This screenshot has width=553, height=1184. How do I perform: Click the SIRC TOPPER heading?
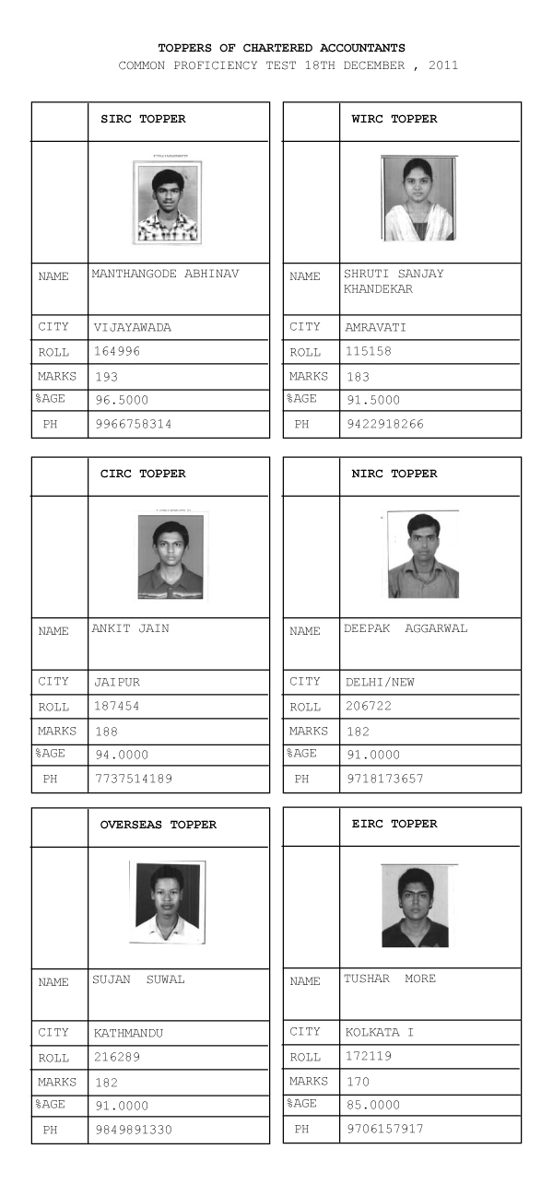[x=143, y=119]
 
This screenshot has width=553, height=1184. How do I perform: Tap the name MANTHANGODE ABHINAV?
[x=165, y=274]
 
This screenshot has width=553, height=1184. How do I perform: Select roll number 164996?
[x=117, y=351]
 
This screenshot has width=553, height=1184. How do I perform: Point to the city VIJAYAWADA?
[x=133, y=327]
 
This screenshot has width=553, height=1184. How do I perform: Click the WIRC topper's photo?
[x=418, y=198]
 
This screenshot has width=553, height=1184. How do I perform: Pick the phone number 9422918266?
[x=384, y=425]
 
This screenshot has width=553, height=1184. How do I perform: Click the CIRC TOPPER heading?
[x=143, y=474]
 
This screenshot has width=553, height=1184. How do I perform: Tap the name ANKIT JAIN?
[x=130, y=628]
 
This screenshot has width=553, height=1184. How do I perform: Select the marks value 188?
[x=106, y=732]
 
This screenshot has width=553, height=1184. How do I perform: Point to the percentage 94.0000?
[x=121, y=755]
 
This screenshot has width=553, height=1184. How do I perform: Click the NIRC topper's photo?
[x=423, y=555]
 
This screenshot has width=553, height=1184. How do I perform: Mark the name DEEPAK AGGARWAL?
[x=406, y=628]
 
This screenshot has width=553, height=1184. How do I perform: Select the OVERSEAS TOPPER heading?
[x=159, y=825]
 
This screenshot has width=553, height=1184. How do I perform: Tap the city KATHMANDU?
[x=128, y=1033]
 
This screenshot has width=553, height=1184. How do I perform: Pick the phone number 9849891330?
[x=133, y=1130]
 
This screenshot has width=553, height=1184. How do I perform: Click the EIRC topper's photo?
[x=417, y=907]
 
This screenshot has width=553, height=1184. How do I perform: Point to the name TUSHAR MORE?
[x=390, y=979]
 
